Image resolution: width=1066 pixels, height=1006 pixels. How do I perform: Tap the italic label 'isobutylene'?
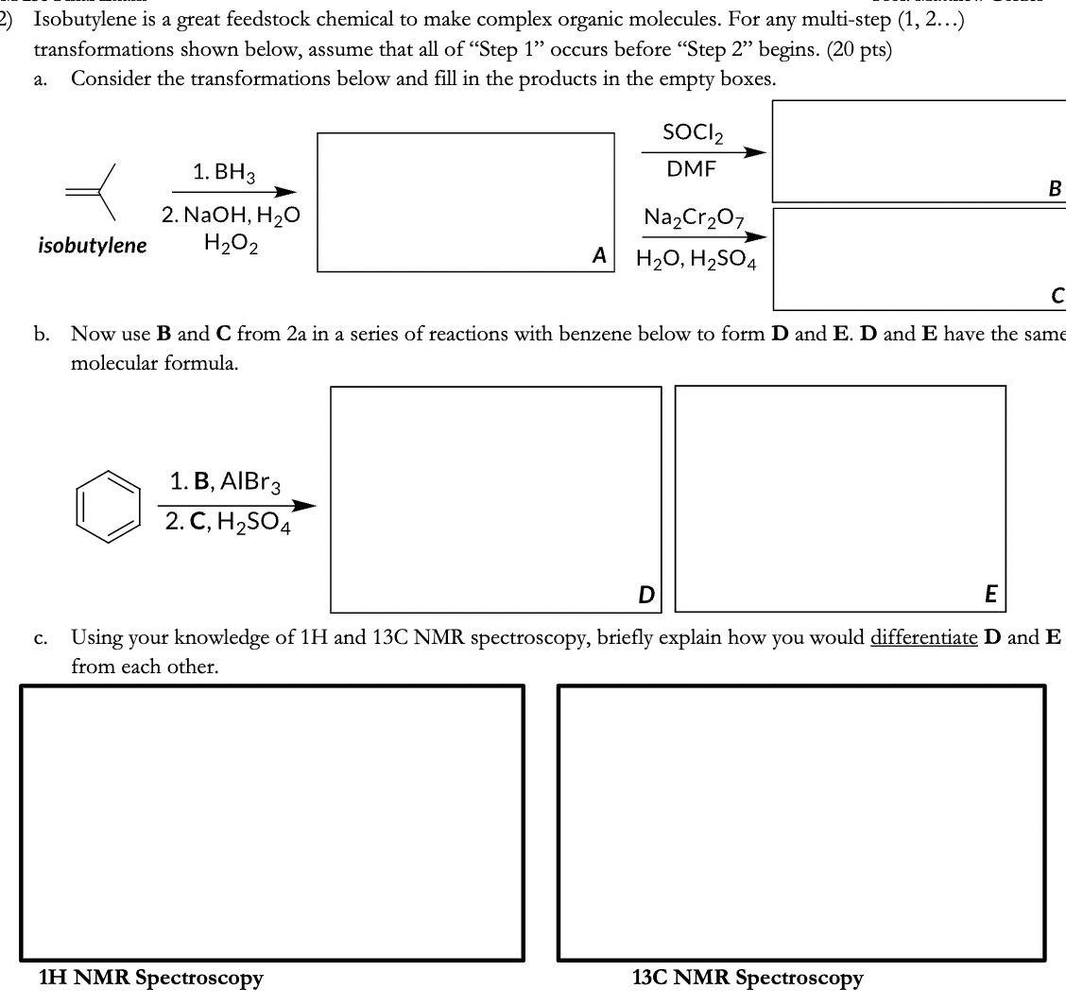tap(93, 246)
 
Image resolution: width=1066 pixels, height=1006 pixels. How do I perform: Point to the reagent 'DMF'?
tap(692, 169)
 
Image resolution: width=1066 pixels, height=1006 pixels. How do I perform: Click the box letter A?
tap(598, 253)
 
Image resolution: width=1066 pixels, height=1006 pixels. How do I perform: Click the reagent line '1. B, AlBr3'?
tap(218, 481)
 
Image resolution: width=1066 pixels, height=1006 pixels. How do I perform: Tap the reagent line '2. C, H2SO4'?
tap(226, 521)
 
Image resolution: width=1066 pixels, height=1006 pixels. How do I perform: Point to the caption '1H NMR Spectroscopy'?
tap(150, 978)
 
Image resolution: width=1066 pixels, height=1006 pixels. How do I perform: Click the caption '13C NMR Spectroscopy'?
tap(748, 978)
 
